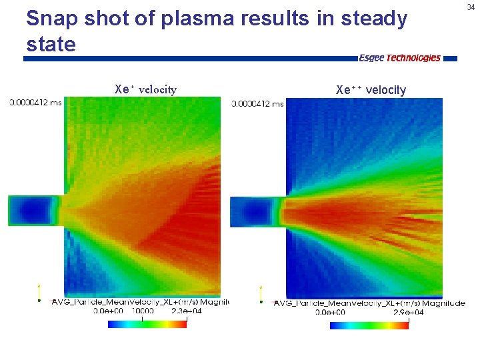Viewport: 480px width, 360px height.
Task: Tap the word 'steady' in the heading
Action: [x=373, y=19]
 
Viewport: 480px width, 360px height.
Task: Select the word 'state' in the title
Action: [x=51, y=45]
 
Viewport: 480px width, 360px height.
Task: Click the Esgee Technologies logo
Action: [x=399, y=58]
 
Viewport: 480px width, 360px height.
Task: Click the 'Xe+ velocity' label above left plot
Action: [x=145, y=89]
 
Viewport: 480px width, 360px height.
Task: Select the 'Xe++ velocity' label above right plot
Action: [x=371, y=90]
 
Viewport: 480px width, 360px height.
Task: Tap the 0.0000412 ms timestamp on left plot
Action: [x=36, y=103]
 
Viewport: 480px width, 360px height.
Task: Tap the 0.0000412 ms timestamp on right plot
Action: [x=257, y=103]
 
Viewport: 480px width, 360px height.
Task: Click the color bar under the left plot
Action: [x=147, y=324]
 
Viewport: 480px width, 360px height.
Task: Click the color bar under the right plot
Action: [x=369, y=325]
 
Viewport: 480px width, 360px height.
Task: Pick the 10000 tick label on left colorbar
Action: [x=141, y=311]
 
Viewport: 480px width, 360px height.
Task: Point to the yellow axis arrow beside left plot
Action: [x=39, y=292]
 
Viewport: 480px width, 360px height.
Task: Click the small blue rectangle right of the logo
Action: [x=451, y=59]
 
